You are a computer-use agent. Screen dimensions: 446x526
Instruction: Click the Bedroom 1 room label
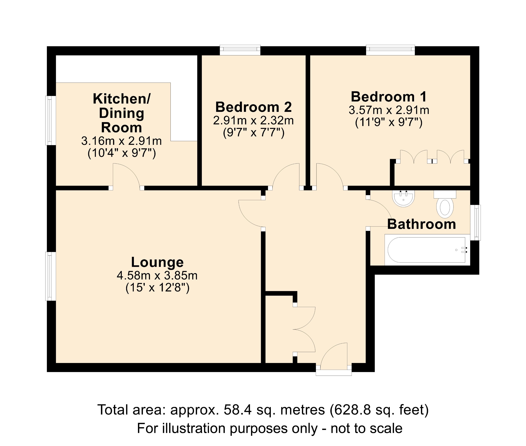[389, 97]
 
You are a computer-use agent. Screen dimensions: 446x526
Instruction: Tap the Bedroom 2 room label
[253, 107]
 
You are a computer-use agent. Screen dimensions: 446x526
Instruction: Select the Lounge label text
[157, 262]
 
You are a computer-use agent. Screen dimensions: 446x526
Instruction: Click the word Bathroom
[421, 224]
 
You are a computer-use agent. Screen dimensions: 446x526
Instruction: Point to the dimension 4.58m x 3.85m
[157, 276]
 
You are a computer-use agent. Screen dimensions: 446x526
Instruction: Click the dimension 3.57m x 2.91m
[389, 110]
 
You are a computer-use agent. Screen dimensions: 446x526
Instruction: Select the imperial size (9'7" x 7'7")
[254, 133]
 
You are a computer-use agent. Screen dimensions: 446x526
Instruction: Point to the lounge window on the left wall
[50, 276]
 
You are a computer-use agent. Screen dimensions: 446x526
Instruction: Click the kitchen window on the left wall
[50, 120]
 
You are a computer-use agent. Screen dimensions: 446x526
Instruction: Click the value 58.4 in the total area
[238, 410]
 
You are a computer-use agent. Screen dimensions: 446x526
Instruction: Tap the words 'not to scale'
[366, 428]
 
